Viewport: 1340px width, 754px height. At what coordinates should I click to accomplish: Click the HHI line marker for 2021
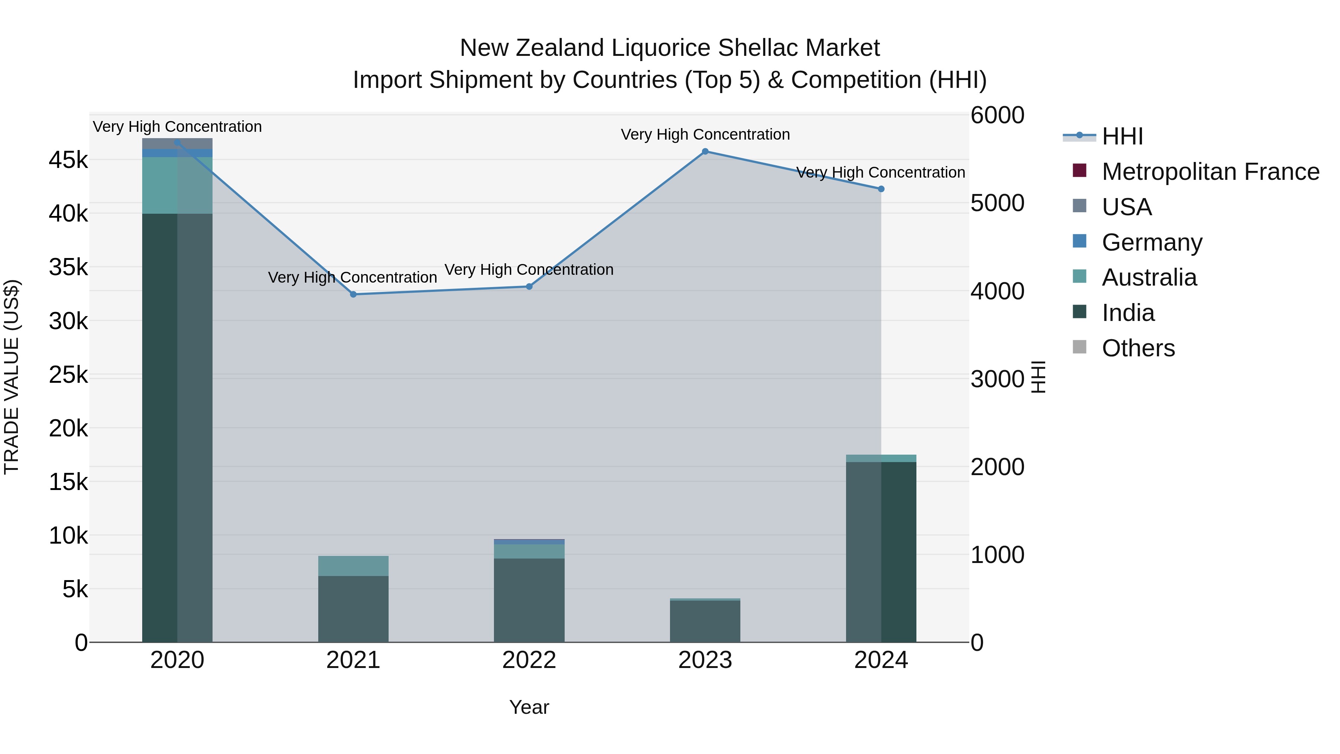[x=353, y=295]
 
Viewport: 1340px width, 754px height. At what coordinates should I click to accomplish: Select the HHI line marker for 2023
[x=705, y=152]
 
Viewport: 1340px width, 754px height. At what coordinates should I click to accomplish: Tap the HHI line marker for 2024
[x=881, y=189]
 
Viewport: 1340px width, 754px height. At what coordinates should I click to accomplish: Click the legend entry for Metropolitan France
[x=1210, y=172]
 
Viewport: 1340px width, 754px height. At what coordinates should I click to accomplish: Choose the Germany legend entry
[x=1152, y=242]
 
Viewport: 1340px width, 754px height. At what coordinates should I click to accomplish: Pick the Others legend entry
[x=1138, y=348]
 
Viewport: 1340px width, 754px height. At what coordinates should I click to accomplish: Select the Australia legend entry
[x=1149, y=277]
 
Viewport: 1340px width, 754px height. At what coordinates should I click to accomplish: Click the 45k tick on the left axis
[x=68, y=160]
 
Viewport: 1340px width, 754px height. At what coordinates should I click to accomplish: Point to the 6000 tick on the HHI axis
[x=997, y=115]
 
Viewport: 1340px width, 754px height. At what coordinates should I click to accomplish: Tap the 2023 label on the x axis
[x=705, y=660]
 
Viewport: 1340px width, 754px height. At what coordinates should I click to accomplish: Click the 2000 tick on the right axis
[x=997, y=467]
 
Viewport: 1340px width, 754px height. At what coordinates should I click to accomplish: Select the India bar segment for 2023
[x=705, y=621]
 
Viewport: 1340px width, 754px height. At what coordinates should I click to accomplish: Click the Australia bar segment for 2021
[x=353, y=566]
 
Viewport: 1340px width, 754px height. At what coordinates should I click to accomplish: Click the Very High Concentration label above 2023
[x=705, y=135]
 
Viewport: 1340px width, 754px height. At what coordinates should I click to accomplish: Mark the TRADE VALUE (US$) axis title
[x=12, y=377]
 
